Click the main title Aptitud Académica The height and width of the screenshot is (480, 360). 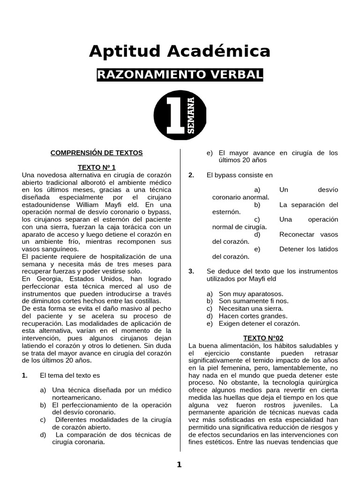pyautogui.click(x=180, y=51)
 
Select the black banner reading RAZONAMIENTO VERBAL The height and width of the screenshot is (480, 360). pyautogui.click(x=180, y=75)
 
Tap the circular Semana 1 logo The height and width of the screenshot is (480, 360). pyautogui.click(x=180, y=115)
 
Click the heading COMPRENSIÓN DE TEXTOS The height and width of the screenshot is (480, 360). pyautogui.click(x=97, y=153)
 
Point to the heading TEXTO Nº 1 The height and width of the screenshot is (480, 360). pyautogui.click(x=97, y=167)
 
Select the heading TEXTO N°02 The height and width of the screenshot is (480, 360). pyautogui.click(x=263, y=338)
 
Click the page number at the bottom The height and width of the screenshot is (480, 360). pyautogui.click(x=179, y=465)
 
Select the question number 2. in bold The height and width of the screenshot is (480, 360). pyautogui.click(x=191, y=175)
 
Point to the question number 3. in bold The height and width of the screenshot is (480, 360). pyautogui.click(x=191, y=271)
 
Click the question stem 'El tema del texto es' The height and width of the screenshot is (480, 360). pyautogui.click(x=70, y=375)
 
